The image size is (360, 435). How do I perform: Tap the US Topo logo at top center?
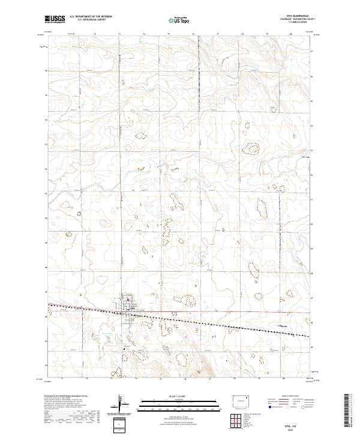(179, 20)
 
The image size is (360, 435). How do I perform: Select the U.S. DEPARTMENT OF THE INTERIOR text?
(91, 17)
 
